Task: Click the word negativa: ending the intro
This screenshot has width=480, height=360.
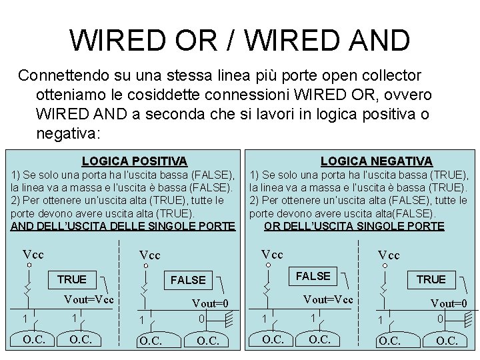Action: click(x=68, y=133)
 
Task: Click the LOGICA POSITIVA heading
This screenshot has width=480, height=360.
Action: click(x=134, y=161)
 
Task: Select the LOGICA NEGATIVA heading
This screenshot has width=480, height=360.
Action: click(x=376, y=161)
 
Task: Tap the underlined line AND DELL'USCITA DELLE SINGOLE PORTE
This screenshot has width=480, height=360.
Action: click(x=123, y=226)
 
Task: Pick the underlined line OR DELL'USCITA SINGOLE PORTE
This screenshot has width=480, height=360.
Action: click(x=354, y=226)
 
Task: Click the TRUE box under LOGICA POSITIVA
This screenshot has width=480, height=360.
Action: click(x=72, y=279)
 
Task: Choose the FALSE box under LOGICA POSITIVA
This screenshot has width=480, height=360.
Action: click(x=188, y=280)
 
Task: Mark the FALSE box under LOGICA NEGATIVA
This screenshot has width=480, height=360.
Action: click(x=313, y=276)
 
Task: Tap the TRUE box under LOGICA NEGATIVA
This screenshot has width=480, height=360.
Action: click(x=431, y=279)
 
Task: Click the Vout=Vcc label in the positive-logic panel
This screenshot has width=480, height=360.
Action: click(x=89, y=299)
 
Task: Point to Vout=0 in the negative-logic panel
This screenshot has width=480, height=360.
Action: click(x=449, y=304)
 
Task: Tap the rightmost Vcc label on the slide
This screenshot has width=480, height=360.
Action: click(x=389, y=255)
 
